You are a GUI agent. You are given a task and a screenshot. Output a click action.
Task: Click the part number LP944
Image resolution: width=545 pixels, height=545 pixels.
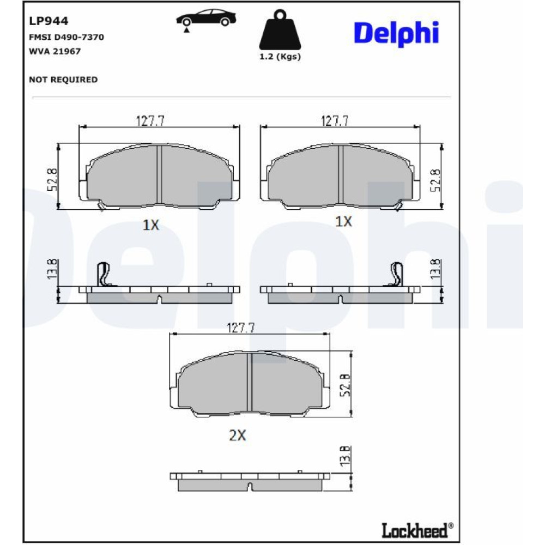(49, 21)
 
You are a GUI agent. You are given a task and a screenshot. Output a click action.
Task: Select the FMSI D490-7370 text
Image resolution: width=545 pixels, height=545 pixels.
(66, 37)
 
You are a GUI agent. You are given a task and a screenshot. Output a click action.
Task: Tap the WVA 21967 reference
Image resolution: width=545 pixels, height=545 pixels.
(55, 51)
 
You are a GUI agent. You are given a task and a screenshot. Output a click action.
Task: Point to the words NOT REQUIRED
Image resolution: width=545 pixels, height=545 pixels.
(63, 80)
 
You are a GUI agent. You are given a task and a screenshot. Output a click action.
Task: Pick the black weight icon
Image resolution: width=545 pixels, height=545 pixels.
(280, 30)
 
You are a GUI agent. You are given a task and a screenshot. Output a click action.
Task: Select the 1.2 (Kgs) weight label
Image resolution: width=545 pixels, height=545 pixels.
(280, 57)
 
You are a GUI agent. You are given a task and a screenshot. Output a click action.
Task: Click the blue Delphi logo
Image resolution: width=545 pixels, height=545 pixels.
(396, 34)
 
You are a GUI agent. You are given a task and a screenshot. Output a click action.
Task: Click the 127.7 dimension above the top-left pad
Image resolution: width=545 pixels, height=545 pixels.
(150, 121)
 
